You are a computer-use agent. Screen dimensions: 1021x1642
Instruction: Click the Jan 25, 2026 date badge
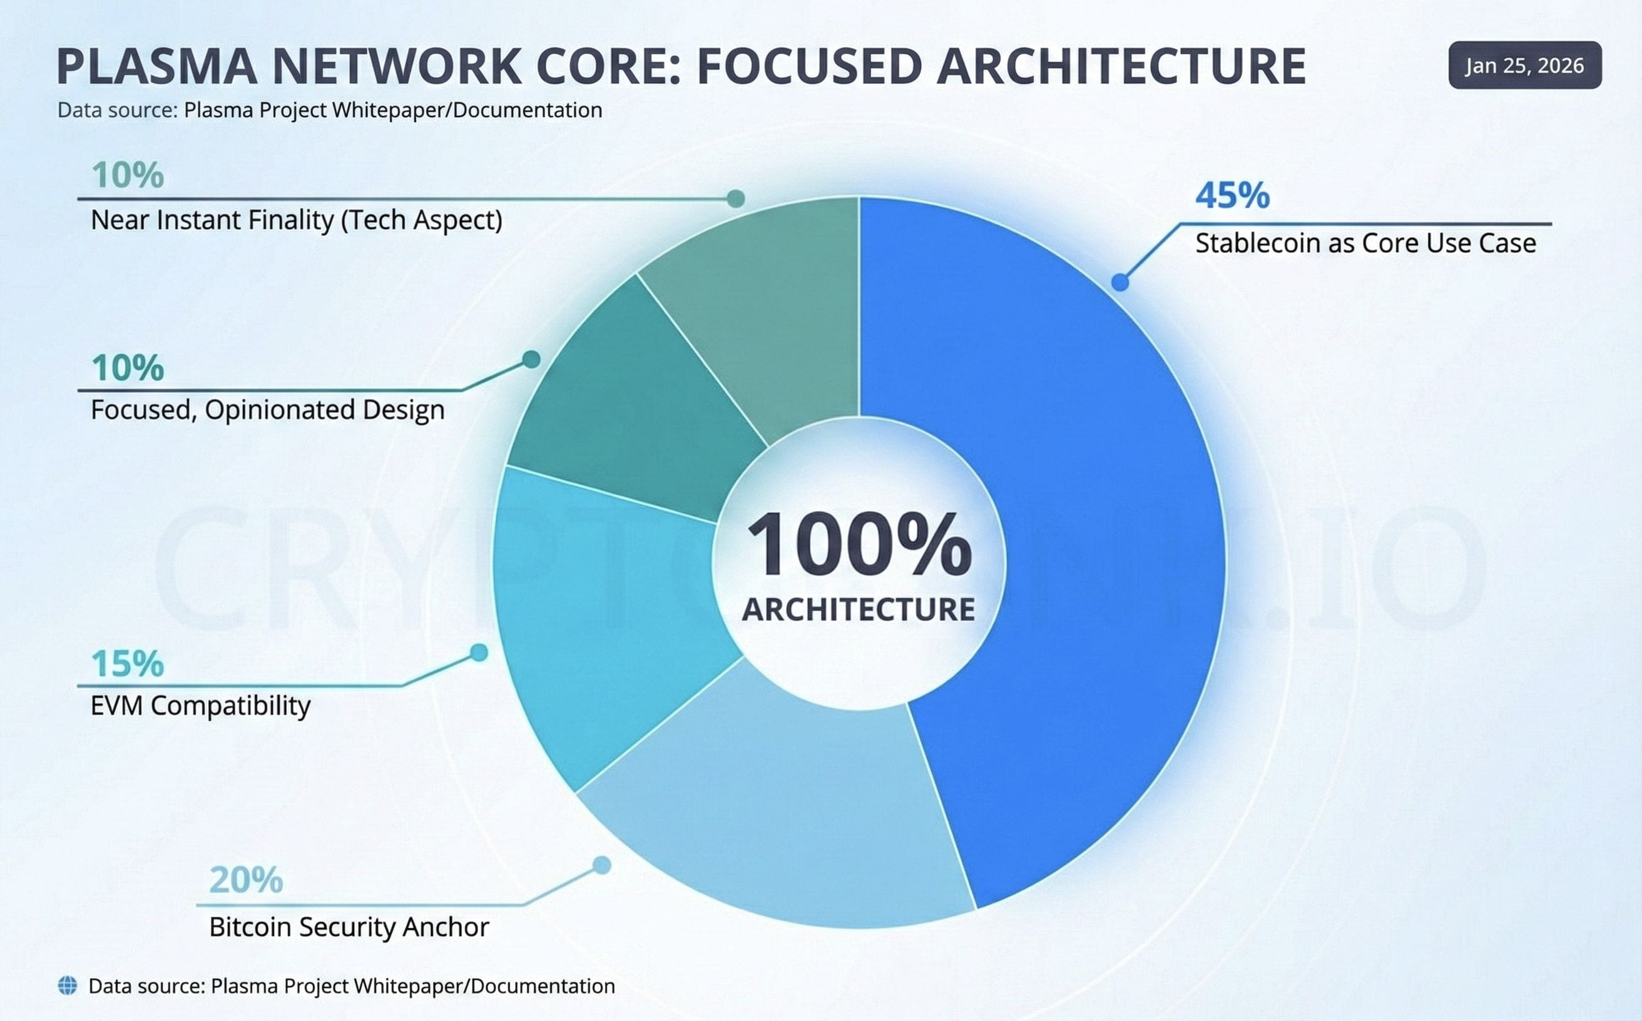[x=1524, y=66]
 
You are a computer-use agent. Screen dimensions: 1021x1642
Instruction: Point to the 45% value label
[x=1232, y=196]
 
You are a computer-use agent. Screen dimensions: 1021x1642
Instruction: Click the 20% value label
[x=246, y=880]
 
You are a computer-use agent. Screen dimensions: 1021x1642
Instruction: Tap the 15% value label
[x=128, y=664]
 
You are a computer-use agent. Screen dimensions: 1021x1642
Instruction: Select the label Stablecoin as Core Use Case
[x=1365, y=243]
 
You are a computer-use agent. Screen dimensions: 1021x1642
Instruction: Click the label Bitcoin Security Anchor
[x=349, y=927]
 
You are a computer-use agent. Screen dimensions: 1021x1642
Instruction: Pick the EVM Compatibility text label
[x=201, y=706]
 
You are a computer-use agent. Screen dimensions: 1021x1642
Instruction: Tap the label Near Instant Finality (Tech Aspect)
[x=297, y=220]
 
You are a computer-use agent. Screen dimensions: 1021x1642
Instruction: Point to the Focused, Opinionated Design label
[x=267, y=410]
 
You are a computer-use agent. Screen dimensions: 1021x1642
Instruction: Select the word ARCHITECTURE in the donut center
[x=859, y=609]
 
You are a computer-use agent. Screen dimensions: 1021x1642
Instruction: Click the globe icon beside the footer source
[x=68, y=986]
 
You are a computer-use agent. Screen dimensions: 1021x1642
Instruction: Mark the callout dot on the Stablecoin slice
[x=1120, y=282]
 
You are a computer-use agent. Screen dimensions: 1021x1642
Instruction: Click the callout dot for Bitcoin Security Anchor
[x=602, y=865]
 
